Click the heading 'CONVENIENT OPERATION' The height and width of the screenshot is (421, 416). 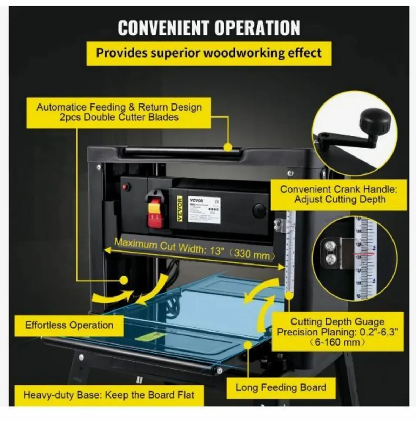(208, 28)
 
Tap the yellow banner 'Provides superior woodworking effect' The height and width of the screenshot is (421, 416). (209, 53)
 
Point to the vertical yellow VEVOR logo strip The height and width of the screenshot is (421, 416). (180, 209)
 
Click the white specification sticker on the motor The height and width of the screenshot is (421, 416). (204, 210)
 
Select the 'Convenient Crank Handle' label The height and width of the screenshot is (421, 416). (338, 194)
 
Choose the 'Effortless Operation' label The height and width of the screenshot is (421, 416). (69, 325)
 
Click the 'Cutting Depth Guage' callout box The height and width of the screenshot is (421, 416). (337, 332)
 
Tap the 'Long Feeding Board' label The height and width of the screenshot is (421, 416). (281, 387)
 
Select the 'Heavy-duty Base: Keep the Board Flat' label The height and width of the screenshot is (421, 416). (109, 395)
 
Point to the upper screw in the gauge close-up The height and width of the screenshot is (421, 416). (331, 246)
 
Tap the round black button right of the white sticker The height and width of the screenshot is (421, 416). (259, 210)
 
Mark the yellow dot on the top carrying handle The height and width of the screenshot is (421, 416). (228, 147)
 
